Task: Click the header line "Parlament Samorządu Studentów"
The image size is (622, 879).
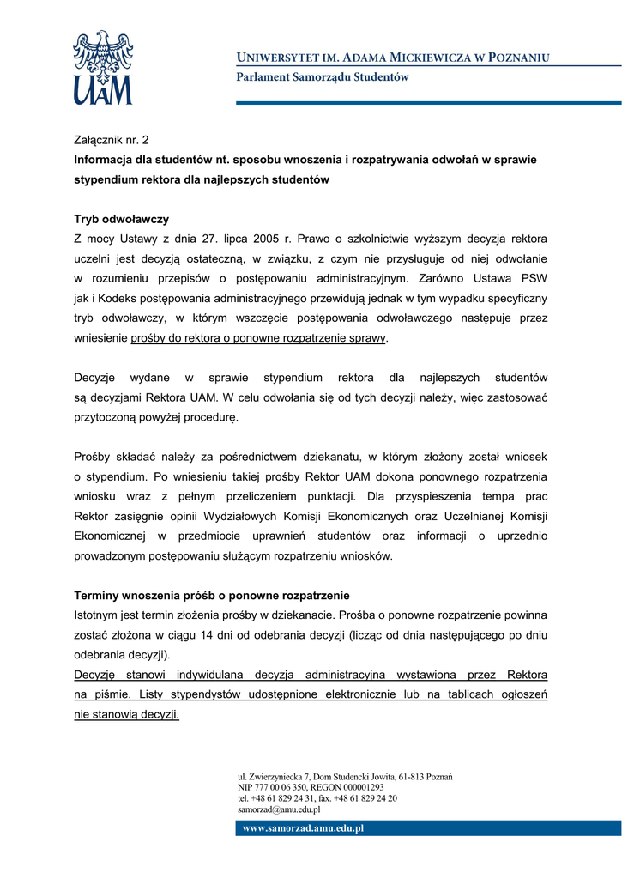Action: coord(323,77)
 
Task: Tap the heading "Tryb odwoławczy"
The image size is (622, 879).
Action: coord(121,219)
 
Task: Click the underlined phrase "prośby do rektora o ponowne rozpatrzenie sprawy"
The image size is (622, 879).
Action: coord(258,338)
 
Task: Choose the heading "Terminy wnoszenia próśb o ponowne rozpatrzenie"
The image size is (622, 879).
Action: coord(212,595)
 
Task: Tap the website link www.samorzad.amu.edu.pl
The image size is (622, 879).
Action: coord(304,828)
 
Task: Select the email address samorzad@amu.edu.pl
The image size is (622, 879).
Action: coord(279,809)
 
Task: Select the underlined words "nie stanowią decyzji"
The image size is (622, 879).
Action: coord(127,714)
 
